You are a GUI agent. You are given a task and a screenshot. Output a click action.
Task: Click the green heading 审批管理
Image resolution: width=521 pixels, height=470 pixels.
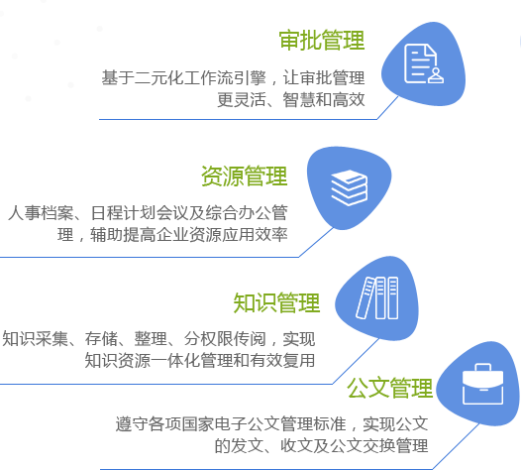tap(322, 41)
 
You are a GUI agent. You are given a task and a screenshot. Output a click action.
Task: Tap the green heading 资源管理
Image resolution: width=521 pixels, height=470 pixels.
tap(245, 176)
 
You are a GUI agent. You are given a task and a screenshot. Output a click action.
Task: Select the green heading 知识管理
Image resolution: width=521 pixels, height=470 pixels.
tap(276, 302)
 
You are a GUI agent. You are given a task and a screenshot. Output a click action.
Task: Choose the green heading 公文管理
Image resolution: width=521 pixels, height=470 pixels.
tap(389, 388)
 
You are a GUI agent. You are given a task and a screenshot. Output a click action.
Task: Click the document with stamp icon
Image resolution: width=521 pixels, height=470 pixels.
tap(424, 63)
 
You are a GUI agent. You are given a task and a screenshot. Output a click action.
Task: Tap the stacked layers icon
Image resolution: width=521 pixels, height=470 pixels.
tap(350, 187)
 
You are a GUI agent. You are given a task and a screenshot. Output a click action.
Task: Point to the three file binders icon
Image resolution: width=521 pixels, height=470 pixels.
tap(377, 297)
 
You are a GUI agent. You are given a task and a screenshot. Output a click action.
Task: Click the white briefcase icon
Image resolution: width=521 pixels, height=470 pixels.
tap(482, 384)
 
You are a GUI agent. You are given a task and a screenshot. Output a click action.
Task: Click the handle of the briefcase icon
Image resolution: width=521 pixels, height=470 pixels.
tap(482, 367)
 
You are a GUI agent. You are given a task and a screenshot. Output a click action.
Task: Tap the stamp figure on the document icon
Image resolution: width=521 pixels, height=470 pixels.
tap(436, 75)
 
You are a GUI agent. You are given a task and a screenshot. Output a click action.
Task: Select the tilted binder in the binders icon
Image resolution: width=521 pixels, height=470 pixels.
tap(365, 297)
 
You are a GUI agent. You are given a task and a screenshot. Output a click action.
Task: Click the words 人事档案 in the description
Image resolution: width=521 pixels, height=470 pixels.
tap(41, 213)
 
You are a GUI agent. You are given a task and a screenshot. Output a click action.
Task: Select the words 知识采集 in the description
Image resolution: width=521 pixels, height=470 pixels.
tap(35, 339)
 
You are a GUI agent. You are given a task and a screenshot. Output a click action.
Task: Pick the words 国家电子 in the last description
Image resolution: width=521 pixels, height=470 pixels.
tap(215, 424)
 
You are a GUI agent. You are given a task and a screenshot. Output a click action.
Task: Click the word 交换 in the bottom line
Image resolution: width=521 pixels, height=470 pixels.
tap(378, 446)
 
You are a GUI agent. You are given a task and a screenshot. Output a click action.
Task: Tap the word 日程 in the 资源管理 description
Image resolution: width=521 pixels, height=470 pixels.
tap(107, 213)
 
